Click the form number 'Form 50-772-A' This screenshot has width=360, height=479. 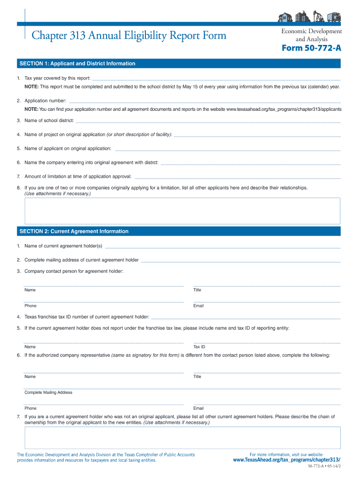point(311,49)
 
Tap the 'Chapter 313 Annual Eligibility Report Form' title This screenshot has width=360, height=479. point(129,36)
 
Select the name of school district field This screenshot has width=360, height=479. point(208,121)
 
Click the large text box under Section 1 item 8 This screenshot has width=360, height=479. point(182,210)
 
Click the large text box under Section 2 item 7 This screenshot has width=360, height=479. point(182,438)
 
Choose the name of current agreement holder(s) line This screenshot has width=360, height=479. point(223,247)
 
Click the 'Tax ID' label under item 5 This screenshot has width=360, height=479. point(199,347)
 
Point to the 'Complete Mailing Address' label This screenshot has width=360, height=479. point(49,392)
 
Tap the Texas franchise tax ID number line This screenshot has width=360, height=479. point(245,318)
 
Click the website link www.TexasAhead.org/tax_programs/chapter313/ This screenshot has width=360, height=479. point(287,460)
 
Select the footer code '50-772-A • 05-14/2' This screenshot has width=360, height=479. point(324,468)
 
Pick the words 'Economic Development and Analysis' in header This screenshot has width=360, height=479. point(311,35)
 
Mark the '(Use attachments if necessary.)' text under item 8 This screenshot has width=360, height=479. point(58,193)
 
